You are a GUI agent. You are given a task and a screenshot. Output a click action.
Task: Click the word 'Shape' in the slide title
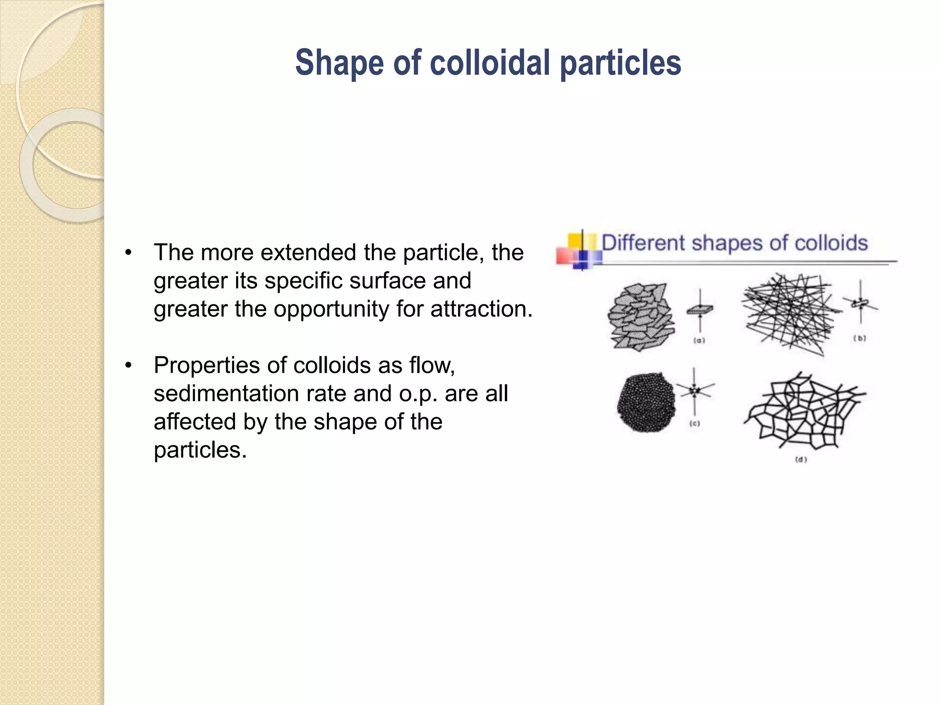click(340, 63)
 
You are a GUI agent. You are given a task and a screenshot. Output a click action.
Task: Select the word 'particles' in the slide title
click(621, 63)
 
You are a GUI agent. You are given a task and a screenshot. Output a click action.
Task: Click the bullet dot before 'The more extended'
click(129, 253)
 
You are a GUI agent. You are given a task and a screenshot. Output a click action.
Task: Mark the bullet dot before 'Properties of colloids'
click(129, 366)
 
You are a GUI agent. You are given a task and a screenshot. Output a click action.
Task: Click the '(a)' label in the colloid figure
click(699, 341)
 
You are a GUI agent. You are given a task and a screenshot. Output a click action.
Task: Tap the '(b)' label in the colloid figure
click(860, 338)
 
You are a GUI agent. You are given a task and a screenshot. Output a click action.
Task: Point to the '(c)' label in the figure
click(695, 424)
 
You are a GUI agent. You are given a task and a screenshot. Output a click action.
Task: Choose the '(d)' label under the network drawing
click(801, 459)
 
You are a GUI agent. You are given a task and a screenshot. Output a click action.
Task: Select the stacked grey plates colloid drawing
click(641, 316)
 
